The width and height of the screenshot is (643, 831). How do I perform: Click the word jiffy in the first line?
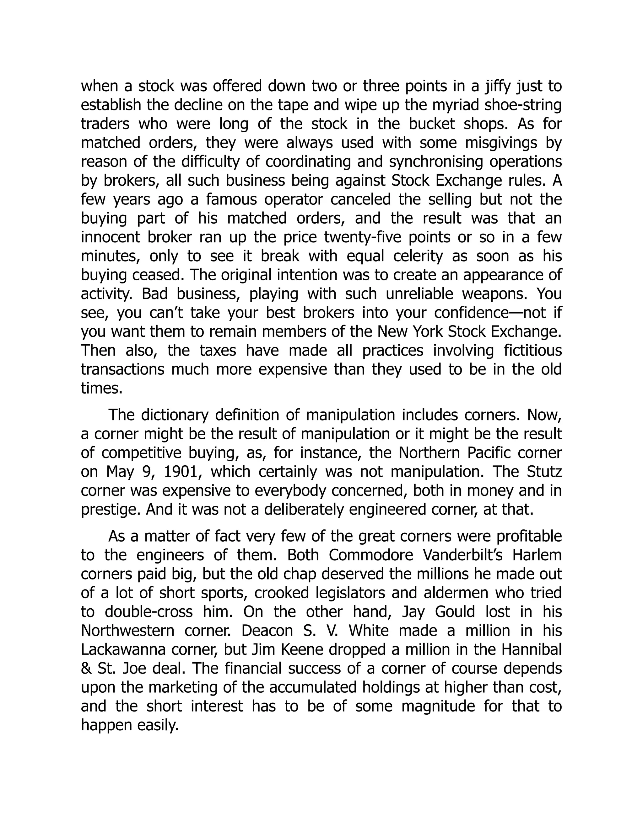tap(495, 87)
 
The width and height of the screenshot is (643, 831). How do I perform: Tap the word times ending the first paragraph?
tap(101, 388)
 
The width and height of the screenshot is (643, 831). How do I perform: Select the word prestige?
tap(110, 510)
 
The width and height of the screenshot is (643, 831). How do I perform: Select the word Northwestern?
tap(127, 631)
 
